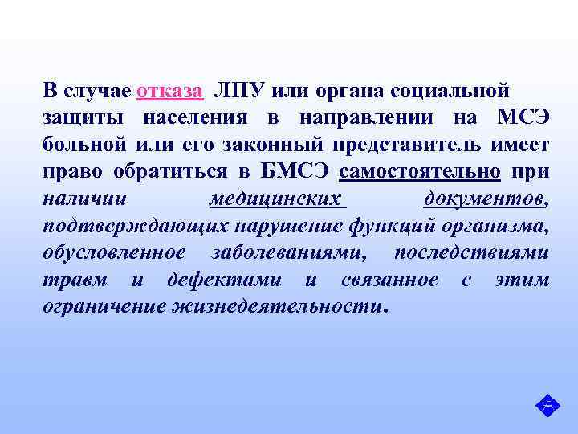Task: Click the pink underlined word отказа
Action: coord(170,89)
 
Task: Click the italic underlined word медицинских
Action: coord(275,199)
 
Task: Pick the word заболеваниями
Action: coord(290,253)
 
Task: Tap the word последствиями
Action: coord(472,253)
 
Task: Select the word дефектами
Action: coord(224,280)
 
